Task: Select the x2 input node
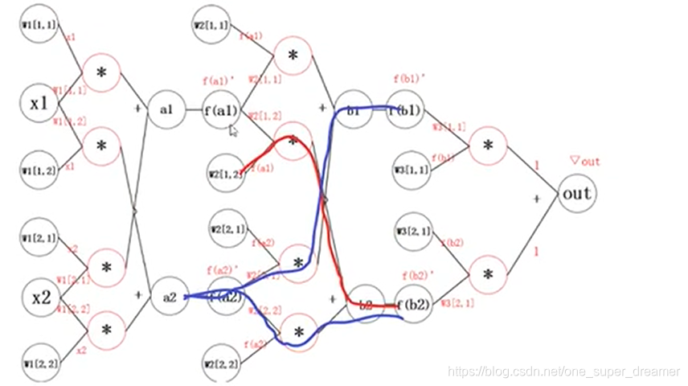coord(41,298)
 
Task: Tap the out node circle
coord(577,194)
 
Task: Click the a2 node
coord(169,297)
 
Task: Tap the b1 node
coord(351,110)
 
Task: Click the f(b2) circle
coord(416,305)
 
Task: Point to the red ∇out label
coord(584,162)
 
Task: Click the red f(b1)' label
coord(407,79)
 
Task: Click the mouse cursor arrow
coord(233,130)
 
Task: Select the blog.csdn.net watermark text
coord(563,372)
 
